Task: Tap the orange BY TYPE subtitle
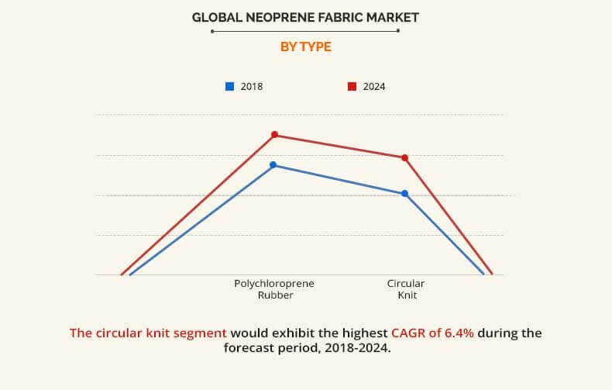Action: pyautogui.click(x=305, y=47)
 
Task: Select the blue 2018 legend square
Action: pyautogui.click(x=229, y=86)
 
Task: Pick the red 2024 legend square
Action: pyautogui.click(x=352, y=86)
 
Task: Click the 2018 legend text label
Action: pyautogui.click(x=251, y=87)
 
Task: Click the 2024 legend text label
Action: pyautogui.click(x=373, y=87)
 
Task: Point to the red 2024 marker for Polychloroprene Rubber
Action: pyautogui.click(x=274, y=135)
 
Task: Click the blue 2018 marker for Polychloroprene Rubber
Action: pyautogui.click(x=273, y=164)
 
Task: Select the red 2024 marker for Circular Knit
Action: pyautogui.click(x=404, y=157)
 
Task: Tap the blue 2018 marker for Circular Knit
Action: pyautogui.click(x=404, y=193)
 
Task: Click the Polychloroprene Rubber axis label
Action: pyautogui.click(x=274, y=289)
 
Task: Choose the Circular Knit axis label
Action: pyautogui.click(x=406, y=289)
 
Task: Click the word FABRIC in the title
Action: pyautogui.click(x=332, y=16)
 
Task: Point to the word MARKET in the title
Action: pyautogui.click(x=388, y=16)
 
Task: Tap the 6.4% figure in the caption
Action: pyautogui.click(x=457, y=333)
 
